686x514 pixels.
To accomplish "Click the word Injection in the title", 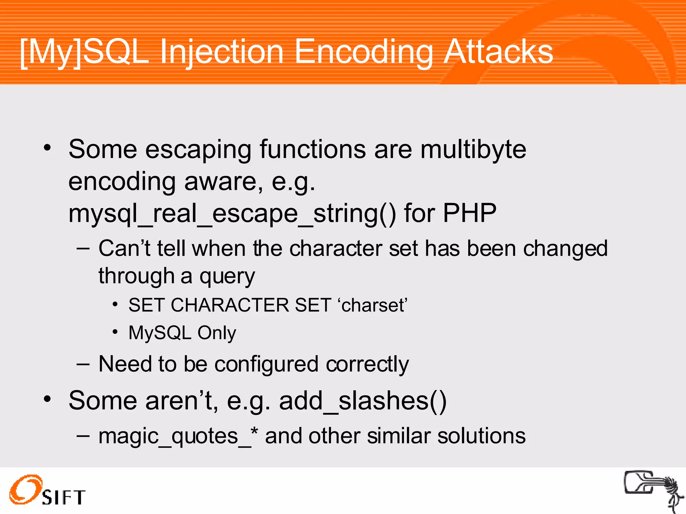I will (222, 52).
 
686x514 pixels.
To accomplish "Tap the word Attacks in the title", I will (498, 52).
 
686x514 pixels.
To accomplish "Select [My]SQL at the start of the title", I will (84, 52).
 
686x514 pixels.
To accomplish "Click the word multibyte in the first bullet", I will (473, 149).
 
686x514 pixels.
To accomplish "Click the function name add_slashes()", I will (362, 401).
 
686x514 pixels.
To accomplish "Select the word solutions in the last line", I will (481, 436).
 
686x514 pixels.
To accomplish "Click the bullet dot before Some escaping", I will (47, 148).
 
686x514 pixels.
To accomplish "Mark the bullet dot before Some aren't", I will (47, 399).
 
